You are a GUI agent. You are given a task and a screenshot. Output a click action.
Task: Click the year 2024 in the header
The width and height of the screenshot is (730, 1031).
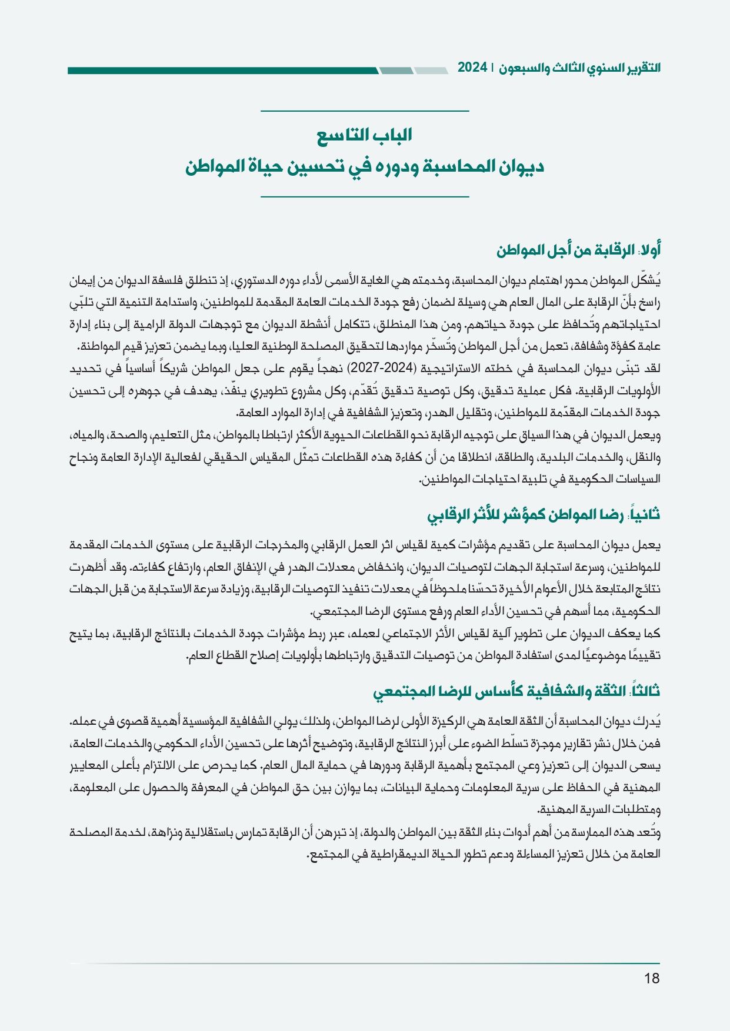click(x=472, y=68)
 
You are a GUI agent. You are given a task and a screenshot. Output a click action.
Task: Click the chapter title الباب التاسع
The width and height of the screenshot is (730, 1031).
click(x=365, y=136)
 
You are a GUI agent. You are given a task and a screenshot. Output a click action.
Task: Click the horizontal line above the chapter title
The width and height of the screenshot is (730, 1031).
click(x=365, y=111)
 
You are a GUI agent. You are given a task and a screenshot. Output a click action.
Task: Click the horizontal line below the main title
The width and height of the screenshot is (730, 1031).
click(x=365, y=196)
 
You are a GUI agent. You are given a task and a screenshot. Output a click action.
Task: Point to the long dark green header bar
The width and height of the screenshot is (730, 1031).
click(x=224, y=71)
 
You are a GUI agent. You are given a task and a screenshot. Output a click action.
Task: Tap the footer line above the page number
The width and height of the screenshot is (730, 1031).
click(x=365, y=963)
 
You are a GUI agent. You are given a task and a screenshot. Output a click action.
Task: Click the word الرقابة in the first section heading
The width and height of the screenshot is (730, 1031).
click(x=609, y=250)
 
